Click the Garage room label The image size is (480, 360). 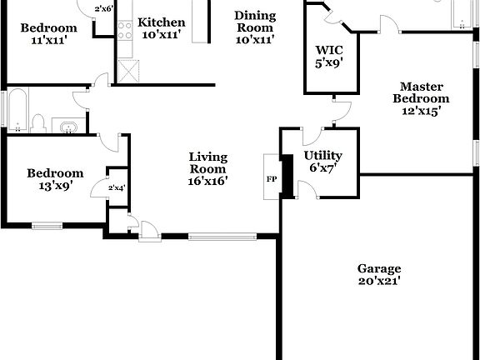coord(379,268)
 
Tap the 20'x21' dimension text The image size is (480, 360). coord(379,281)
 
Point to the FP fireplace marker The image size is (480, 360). coord(271,179)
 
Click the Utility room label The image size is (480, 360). coord(322,155)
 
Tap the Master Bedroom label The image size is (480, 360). coord(421,92)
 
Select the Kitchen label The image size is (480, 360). coord(162,22)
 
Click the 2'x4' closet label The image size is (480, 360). coord(117,189)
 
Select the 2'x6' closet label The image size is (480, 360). coord(104,9)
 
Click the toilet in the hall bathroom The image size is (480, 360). coord(37,123)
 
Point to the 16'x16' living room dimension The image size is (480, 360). coord(208,180)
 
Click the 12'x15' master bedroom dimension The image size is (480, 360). coord(422,110)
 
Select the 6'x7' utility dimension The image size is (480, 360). coord(322,167)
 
